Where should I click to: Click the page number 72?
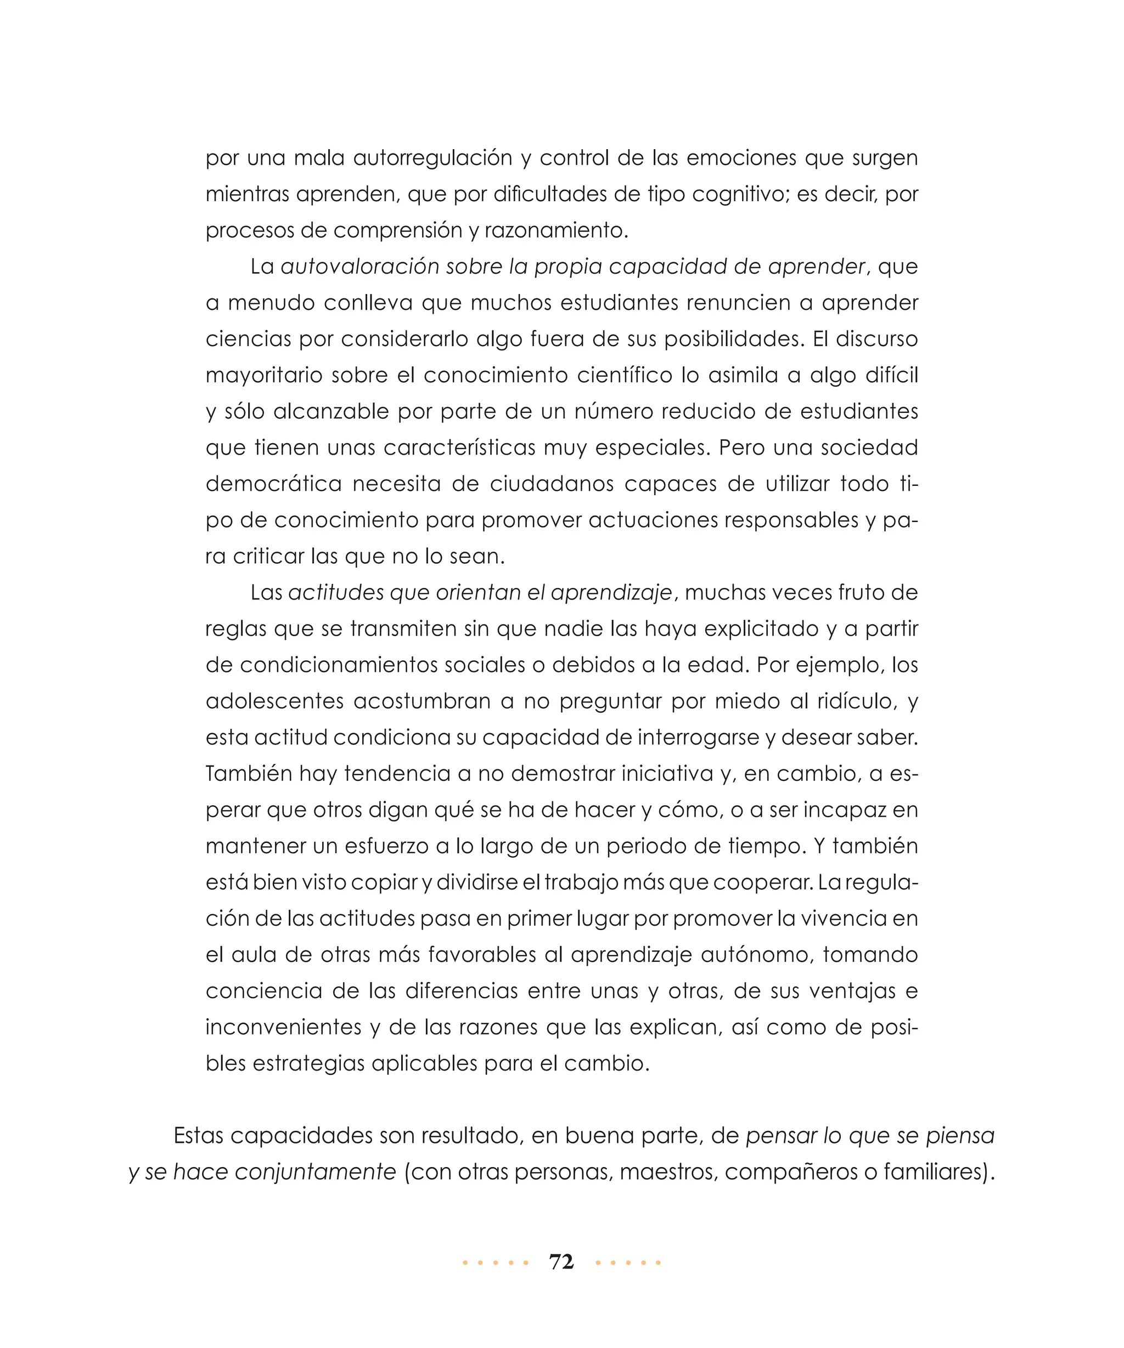[561, 1262]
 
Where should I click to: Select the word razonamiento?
[555, 231]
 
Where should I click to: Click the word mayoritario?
[264, 376]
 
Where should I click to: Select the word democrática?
[274, 484]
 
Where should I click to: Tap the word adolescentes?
[274, 701]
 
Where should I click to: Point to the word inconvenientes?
[283, 1028]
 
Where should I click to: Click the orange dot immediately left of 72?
[526, 1263]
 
